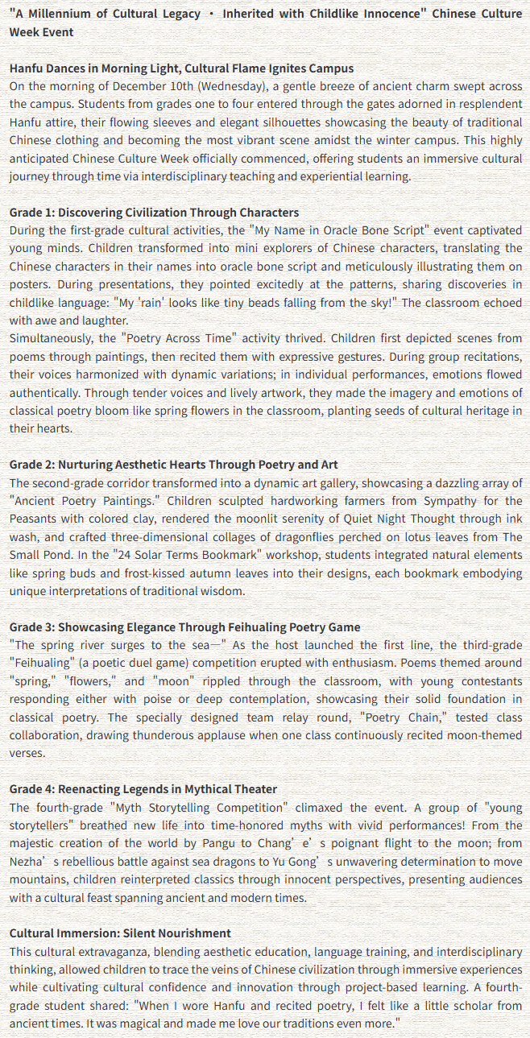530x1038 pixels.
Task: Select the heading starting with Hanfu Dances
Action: (x=181, y=68)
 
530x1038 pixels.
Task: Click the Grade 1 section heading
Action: (x=154, y=213)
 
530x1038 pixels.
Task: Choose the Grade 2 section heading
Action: (x=173, y=465)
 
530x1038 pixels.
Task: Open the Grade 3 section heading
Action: (x=184, y=627)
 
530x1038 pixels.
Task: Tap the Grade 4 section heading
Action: (x=143, y=789)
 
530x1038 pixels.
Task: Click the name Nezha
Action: (x=27, y=862)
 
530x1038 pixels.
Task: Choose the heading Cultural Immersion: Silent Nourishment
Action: (x=120, y=933)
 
